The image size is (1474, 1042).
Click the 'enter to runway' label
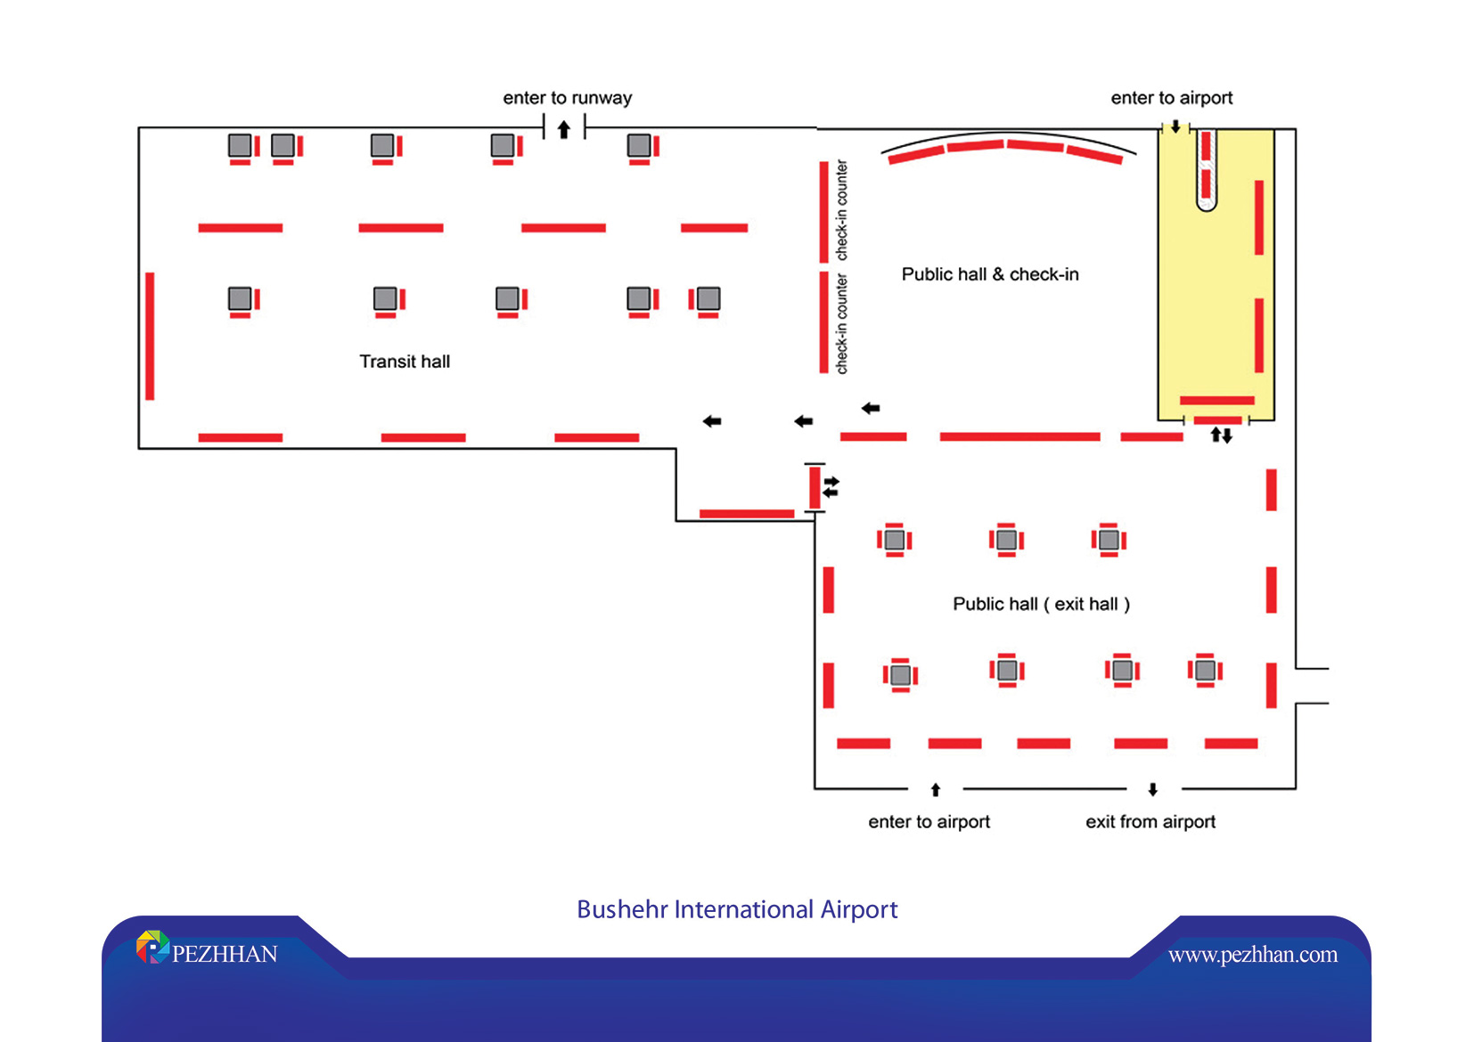(x=567, y=98)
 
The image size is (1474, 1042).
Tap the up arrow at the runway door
(x=563, y=130)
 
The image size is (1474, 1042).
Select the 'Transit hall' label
(x=405, y=362)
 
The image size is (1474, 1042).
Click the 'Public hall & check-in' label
(x=989, y=274)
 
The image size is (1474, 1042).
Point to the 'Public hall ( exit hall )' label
(x=1041, y=604)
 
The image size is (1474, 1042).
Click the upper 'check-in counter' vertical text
(x=841, y=210)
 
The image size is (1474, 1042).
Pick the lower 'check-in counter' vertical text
(x=841, y=324)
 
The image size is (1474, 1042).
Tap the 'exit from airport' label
(x=1150, y=822)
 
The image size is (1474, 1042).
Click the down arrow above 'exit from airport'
(x=1152, y=790)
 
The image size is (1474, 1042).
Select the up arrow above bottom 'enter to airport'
(x=935, y=790)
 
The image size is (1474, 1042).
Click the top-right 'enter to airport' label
(x=1171, y=98)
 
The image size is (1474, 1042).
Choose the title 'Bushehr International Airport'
(x=737, y=909)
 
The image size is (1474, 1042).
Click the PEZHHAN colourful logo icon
(x=152, y=948)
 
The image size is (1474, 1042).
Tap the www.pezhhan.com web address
(x=1252, y=955)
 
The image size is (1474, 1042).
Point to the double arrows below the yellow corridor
(x=1221, y=436)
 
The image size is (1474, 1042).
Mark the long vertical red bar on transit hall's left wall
(x=150, y=336)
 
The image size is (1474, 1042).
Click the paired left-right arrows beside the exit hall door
(x=831, y=487)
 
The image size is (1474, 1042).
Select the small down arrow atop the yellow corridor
(x=1175, y=127)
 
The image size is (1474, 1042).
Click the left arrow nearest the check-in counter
(x=871, y=408)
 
